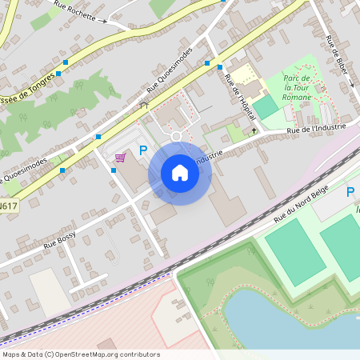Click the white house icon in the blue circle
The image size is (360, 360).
179,172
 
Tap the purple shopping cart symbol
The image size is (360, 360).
120,158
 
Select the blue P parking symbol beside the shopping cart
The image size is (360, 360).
143,150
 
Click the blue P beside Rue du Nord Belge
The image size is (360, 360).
350,192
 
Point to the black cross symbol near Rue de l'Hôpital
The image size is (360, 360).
254,130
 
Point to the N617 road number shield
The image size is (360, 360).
8,206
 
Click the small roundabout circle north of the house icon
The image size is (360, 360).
177,136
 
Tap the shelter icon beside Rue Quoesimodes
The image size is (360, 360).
144,105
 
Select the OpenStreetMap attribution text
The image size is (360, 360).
81,354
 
